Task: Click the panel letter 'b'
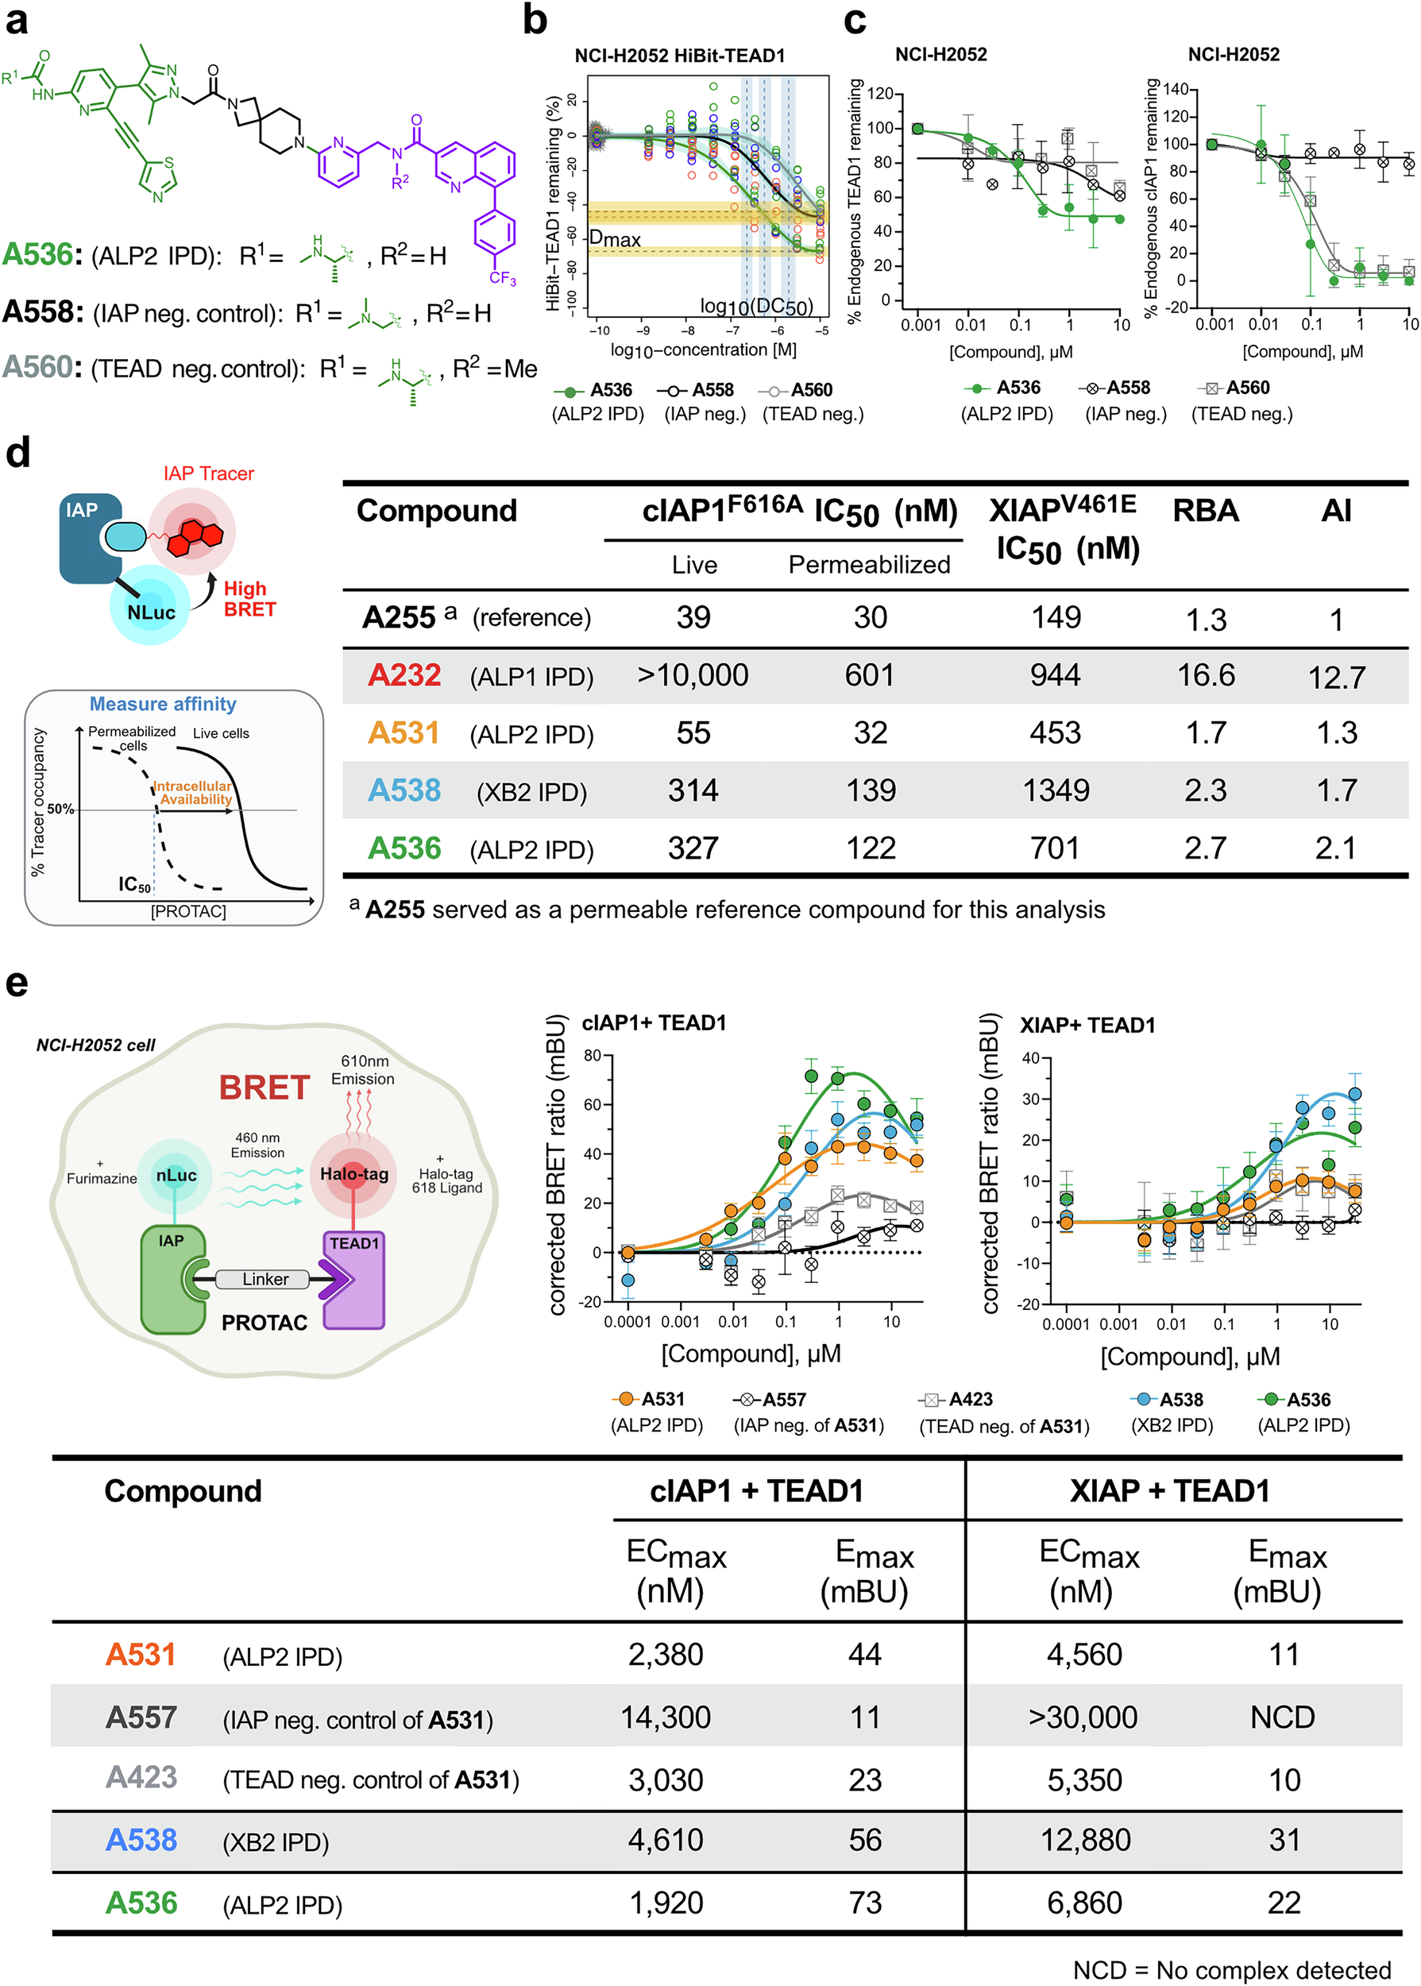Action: (535, 19)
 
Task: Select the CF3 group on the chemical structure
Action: (502, 278)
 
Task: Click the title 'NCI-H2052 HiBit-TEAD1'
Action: (679, 56)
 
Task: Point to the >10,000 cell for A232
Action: (692, 675)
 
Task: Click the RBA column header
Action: (1205, 511)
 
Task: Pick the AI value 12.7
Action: (1335, 677)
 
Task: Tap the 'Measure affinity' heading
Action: (163, 705)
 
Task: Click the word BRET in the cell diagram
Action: (265, 1088)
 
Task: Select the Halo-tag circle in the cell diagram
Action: (353, 1175)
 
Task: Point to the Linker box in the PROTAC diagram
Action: (265, 1279)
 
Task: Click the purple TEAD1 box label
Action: (353, 1243)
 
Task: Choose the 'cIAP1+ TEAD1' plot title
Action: (654, 1022)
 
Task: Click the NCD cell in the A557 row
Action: (1282, 1717)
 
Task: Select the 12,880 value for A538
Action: (1085, 1840)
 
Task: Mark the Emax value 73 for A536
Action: (864, 1903)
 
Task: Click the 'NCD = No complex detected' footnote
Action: (1231, 1969)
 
